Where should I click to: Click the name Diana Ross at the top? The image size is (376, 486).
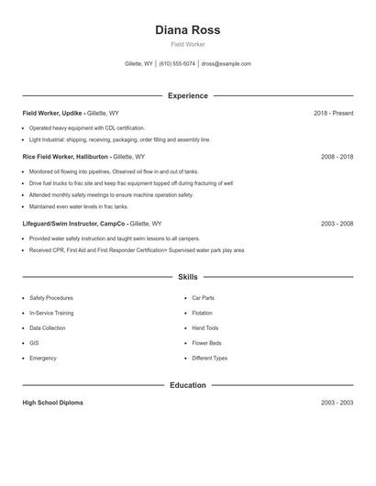click(x=188, y=29)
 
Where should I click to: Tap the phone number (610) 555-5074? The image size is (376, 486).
click(x=177, y=64)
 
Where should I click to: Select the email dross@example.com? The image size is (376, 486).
click(x=226, y=64)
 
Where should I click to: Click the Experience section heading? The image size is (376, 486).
click(x=188, y=95)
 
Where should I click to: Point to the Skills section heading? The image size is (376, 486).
click(x=188, y=276)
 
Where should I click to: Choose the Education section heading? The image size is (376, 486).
click(x=188, y=385)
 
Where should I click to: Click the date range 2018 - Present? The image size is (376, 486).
click(x=333, y=113)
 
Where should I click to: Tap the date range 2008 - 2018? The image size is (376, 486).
click(x=337, y=157)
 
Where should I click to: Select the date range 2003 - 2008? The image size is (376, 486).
click(x=337, y=223)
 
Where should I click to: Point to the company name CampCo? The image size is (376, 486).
click(x=111, y=223)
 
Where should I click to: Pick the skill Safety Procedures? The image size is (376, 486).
click(x=51, y=298)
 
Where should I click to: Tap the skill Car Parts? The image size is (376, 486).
click(x=204, y=298)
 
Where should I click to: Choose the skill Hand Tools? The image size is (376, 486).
click(x=205, y=327)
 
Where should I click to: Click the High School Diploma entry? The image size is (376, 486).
click(x=52, y=403)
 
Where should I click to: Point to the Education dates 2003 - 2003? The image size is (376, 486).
click(x=337, y=403)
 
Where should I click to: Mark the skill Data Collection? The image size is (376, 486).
click(x=48, y=327)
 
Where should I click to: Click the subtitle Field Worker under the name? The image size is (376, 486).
click(x=188, y=44)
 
